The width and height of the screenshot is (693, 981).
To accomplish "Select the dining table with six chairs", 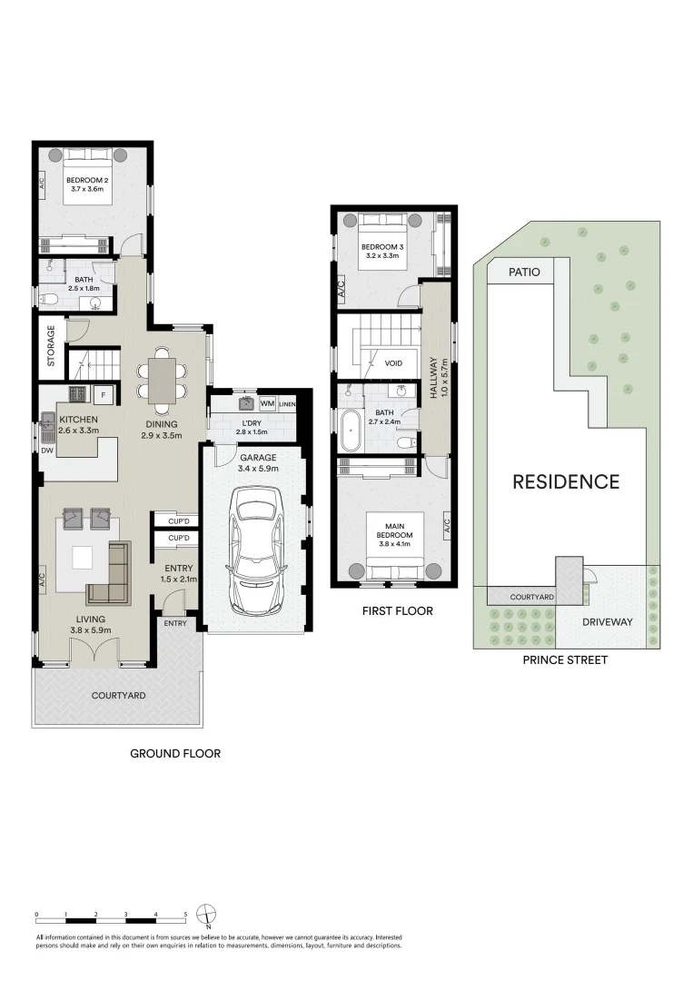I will (x=164, y=381).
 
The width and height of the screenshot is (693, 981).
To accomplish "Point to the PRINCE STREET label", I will (x=565, y=659).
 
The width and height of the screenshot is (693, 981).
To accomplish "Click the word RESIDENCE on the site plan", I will (x=566, y=482).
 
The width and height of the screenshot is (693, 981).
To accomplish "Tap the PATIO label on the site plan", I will (x=524, y=272).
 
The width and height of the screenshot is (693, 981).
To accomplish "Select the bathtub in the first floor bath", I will (x=350, y=431).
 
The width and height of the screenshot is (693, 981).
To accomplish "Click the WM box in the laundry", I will (x=267, y=402).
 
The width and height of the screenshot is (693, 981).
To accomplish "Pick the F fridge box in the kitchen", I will (x=103, y=394).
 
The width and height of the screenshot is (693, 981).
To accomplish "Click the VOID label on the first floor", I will (x=393, y=363).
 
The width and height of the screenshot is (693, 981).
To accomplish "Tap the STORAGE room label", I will (x=51, y=345).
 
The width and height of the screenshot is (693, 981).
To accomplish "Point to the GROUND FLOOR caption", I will (x=175, y=753).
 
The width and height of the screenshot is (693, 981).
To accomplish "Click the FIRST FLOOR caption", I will (x=396, y=611).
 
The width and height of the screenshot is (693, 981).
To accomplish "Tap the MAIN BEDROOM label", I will (x=393, y=530).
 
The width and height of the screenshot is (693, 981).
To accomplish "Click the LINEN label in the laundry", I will (x=288, y=403).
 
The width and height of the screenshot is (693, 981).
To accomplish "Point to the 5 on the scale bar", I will (x=185, y=915).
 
